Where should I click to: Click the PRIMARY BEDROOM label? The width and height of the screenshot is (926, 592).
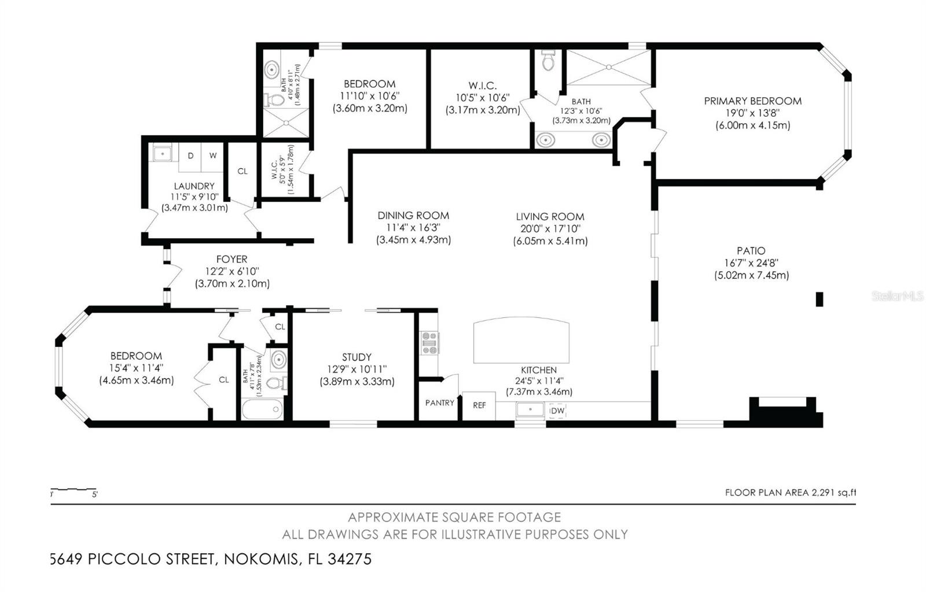coord(752,101)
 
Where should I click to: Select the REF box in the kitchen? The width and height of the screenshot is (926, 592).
coord(479,406)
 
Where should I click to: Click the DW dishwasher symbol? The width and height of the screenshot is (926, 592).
coord(556,410)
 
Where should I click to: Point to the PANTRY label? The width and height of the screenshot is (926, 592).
coord(440,403)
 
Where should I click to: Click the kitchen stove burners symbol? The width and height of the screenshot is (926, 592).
coord(429,342)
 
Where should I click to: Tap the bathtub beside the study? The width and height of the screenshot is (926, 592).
coord(262,411)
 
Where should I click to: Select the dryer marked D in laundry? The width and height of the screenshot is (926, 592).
coord(190,156)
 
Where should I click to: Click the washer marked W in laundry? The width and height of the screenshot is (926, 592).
coord(213,156)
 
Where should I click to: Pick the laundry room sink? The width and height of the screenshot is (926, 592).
coord(162,154)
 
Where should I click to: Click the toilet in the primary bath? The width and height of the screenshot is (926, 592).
coord(548,60)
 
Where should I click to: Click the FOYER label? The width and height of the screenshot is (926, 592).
coord(231,260)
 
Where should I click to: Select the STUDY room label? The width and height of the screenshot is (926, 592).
coord(357,357)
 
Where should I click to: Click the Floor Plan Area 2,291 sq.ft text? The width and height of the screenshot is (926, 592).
coord(790,493)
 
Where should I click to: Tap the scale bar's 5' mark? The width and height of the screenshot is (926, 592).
coord(95,494)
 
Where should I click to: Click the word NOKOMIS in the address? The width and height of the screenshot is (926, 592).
coord(262,559)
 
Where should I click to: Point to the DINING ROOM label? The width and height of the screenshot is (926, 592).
coord(413,216)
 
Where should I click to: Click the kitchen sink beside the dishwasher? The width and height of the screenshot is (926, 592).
coord(530,410)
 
